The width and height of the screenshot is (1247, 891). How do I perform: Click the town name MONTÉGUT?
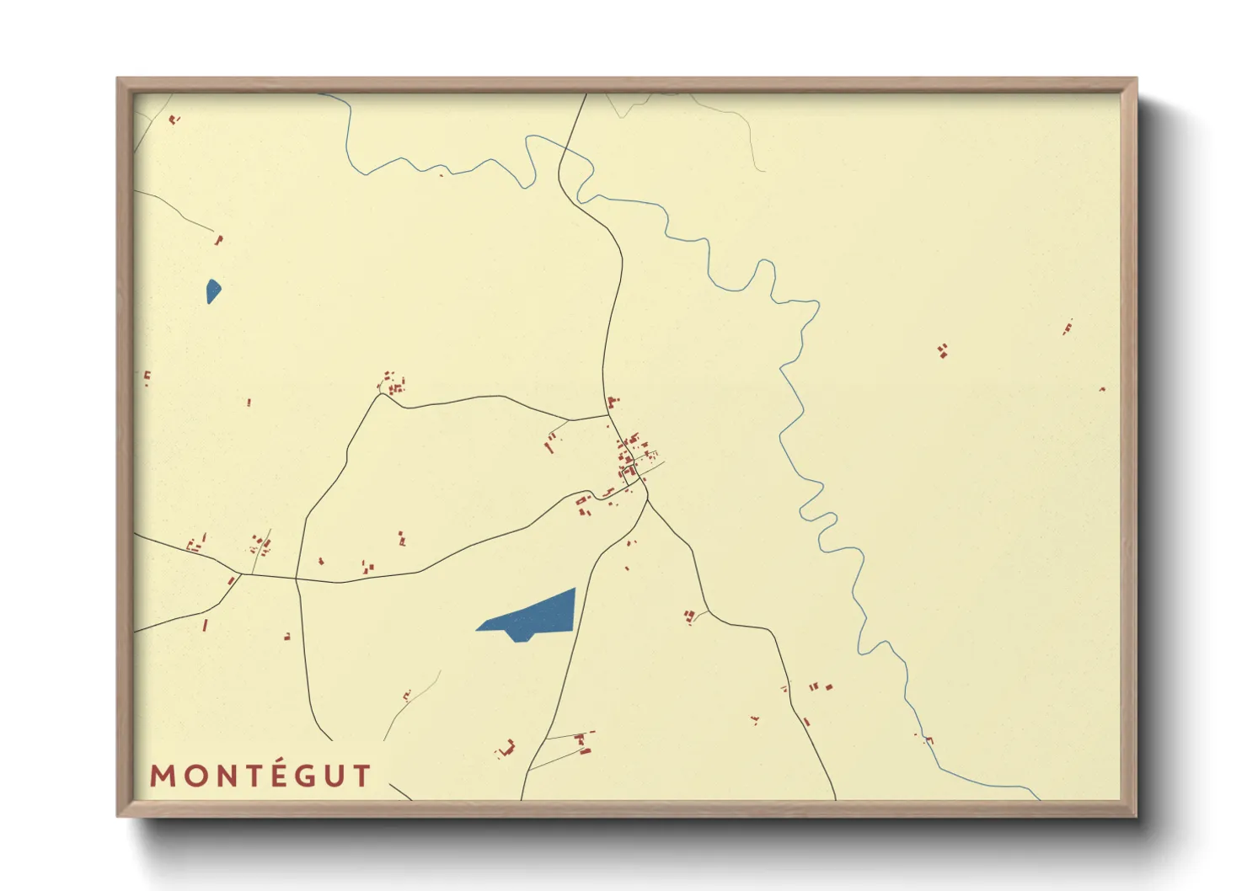tap(260, 776)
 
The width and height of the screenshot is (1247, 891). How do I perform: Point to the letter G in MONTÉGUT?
tap(307, 776)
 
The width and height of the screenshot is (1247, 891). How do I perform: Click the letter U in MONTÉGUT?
tap(335, 776)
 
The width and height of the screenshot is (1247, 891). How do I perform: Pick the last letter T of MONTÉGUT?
tap(362, 776)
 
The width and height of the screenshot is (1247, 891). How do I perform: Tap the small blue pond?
tap(213, 291)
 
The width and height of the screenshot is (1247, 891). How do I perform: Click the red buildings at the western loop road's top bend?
tap(392, 383)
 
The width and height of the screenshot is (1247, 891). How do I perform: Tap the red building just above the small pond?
tap(218, 240)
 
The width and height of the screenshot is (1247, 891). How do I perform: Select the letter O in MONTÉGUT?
tap(195, 776)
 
